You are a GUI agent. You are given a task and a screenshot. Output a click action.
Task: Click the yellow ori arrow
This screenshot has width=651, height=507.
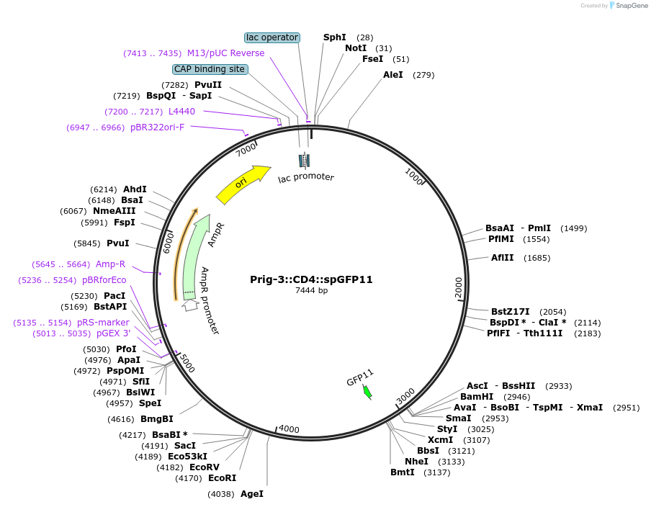(242, 184)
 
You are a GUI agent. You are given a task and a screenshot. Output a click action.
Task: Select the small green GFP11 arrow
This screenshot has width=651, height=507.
(367, 391)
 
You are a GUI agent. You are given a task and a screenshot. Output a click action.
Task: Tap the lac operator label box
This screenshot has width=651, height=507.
(272, 37)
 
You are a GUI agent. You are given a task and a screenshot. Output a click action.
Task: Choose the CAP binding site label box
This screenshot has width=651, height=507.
(210, 69)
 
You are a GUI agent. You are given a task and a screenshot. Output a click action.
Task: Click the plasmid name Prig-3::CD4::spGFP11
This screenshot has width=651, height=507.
(311, 279)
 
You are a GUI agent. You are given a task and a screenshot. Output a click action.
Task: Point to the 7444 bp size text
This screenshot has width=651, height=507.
(311, 291)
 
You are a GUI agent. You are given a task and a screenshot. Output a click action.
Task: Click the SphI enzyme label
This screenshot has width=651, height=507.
(334, 37)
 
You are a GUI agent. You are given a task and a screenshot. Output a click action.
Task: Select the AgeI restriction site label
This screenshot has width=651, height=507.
(252, 494)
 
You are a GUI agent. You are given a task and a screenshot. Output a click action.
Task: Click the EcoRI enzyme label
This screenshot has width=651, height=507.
(222, 477)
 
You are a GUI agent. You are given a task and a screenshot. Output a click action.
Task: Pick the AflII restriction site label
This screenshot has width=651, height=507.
(503, 258)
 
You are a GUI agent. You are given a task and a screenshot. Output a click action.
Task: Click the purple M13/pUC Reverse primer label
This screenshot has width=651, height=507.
(225, 53)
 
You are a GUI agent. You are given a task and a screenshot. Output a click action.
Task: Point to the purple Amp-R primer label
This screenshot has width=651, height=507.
(110, 264)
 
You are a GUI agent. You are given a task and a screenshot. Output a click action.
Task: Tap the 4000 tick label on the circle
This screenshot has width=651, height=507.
(289, 429)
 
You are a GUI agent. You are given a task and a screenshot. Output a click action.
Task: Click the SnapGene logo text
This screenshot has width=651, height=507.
(632, 6)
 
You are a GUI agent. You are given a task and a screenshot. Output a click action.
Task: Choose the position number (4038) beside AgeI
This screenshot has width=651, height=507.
(221, 494)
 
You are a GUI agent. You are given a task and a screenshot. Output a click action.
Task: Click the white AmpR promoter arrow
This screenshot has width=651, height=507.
(189, 305)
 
